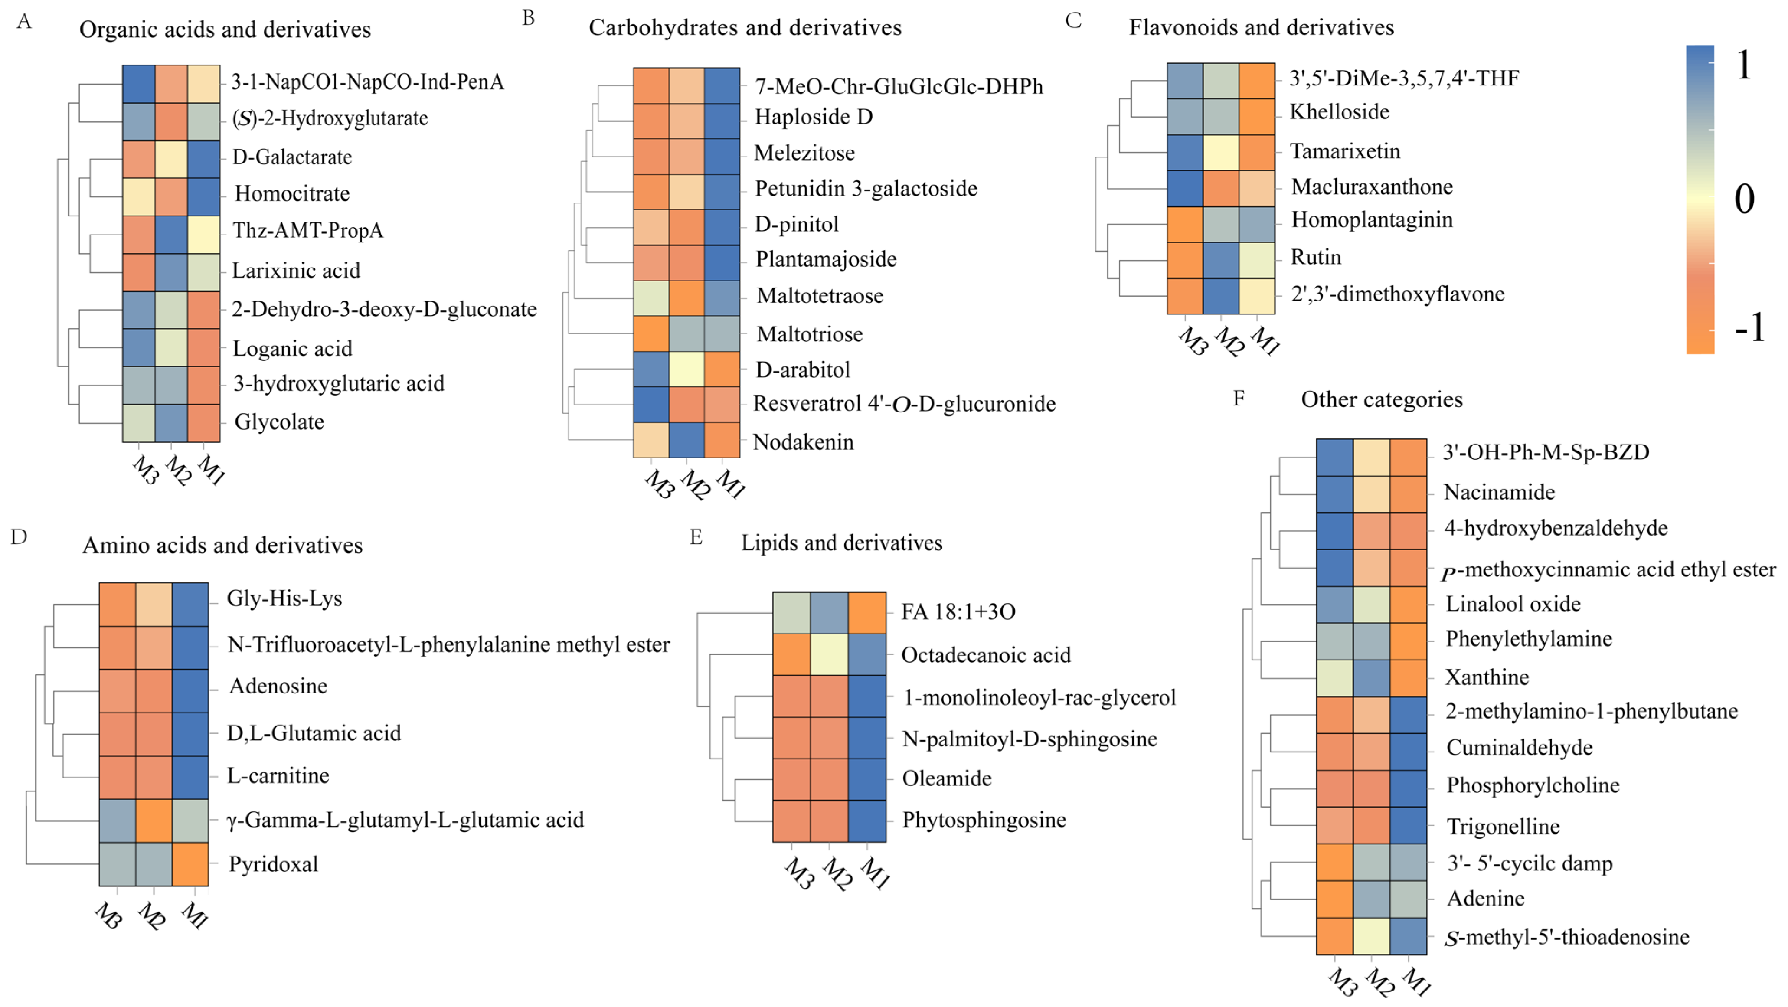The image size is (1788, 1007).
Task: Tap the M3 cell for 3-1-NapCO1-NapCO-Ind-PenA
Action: pos(138,84)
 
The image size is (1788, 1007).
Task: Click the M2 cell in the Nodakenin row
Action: pos(686,440)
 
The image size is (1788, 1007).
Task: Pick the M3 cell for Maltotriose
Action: pos(651,334)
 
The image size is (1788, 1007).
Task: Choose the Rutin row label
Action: pos(1315,258)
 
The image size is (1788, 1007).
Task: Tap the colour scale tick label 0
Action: pos(1744,199)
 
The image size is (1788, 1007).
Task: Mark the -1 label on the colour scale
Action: pos(1749,327)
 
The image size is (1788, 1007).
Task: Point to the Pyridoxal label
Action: pos(274,864)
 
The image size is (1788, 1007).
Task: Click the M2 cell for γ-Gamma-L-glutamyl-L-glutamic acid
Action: pos(154,821)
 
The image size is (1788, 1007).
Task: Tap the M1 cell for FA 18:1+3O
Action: pos(867,613)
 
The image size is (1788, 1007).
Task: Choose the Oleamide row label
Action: pos(946,779)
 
